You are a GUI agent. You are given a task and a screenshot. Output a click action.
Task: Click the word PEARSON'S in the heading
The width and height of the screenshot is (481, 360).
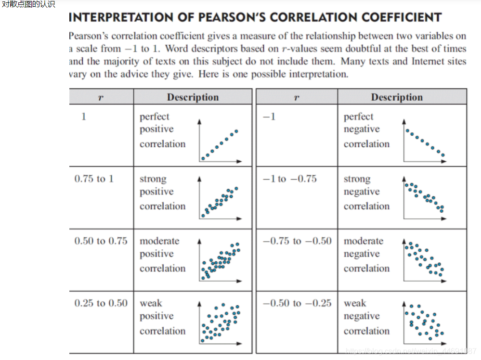[x=230, y=18]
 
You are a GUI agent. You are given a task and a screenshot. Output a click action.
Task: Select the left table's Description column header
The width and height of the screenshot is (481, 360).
[x=193, y=97]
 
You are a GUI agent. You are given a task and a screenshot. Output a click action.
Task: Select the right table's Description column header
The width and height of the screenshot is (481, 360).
[x=397, y=97]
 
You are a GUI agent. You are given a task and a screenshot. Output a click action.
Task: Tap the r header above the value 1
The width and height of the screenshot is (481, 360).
[x=101, y=97]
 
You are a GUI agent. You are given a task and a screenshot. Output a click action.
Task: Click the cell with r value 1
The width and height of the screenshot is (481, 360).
[x=84, y=116]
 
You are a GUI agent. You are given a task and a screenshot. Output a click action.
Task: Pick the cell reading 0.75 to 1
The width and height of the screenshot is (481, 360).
[x=94, y=179]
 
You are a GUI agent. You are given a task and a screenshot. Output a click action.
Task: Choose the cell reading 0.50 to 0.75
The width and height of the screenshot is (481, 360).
[x=101, y=241]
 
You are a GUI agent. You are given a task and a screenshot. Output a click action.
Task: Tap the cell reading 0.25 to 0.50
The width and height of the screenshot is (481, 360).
[x=101, y=303]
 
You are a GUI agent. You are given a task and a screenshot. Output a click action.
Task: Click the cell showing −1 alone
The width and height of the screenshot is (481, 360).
[x=270, y=116]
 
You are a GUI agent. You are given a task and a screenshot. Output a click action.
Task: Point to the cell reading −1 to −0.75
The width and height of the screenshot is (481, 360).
[x=290, y=179]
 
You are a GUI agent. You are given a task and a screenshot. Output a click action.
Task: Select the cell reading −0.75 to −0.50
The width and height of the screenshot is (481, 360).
[x=297, y=241]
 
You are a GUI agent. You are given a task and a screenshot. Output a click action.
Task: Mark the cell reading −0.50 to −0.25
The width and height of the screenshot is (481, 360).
[x=297, y=303]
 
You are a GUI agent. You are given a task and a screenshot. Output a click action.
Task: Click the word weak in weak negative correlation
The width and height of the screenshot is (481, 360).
[x=355, y=303]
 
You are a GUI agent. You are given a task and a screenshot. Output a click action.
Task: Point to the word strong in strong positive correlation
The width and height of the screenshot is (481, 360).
[x=153, y=179]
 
